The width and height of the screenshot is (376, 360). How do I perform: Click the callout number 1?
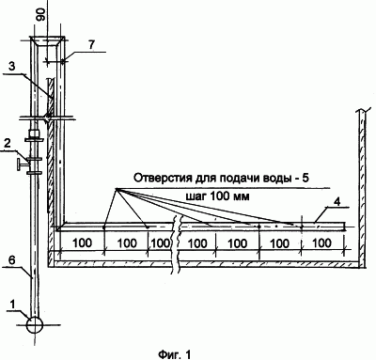[x=12, y=304]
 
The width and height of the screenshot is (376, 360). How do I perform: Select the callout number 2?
[x=8, y=144]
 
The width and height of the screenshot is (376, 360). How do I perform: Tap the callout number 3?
[x=11, y=67]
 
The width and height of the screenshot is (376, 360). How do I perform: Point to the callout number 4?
[x=337, y=201]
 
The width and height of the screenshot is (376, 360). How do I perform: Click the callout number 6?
[x=10, y=259]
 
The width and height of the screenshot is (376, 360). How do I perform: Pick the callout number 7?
[x=91, y=45]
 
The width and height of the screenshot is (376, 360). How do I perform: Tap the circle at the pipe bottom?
[x=35, y=325]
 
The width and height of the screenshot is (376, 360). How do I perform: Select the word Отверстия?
[x=157, y=178]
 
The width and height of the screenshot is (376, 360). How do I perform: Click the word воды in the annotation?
[x=278, y=178]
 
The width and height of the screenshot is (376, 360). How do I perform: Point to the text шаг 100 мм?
[x=218, y=196]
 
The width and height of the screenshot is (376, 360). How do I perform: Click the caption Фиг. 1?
[x=175, y=354]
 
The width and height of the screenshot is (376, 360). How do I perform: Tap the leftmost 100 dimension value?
[x=82, y=243]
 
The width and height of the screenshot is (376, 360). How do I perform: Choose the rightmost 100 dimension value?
[x=322, y=243]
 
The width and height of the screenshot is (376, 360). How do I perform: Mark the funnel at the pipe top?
[x=48, y=42]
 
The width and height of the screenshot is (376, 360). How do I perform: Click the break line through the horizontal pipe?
[x=177, y=242]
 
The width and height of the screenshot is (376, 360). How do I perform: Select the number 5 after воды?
[x=305, y=178]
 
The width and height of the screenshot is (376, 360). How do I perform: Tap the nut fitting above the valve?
[x=34, y=133]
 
